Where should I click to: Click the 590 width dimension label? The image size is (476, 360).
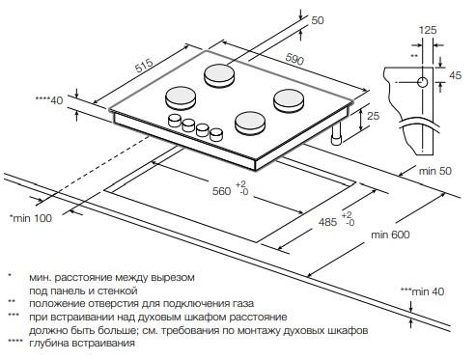[x=294, y=60]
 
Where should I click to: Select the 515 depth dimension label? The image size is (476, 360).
[x=144, y=67]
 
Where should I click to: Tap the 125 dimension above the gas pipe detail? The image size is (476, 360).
[x=428, y=30]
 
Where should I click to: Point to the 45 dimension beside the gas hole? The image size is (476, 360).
[x=456, y=75]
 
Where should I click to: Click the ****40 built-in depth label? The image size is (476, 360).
[x=49, y=100]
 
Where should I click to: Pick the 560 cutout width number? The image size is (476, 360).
[x=221, y=191]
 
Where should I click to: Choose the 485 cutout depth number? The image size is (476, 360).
[x=327, y=222]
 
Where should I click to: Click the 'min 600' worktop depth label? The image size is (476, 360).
[x=390, y=235]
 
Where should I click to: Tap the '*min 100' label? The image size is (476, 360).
[x=31, y=218]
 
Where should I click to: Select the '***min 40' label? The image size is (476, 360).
[x=422, y=291]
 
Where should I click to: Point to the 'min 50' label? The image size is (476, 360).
[x=435, y=171]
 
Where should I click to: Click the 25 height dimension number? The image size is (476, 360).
[x=374, y=116]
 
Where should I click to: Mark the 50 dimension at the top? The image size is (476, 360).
[x=318, y=20]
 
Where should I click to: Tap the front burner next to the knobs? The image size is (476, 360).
[x=250, y=123]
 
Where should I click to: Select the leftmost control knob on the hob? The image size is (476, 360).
[x=175, y=121]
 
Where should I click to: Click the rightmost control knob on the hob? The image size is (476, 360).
[x=216, y=134]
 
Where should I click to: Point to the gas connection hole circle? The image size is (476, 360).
[x=423, y=82]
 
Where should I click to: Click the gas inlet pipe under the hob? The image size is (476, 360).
[x=338, y=134]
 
